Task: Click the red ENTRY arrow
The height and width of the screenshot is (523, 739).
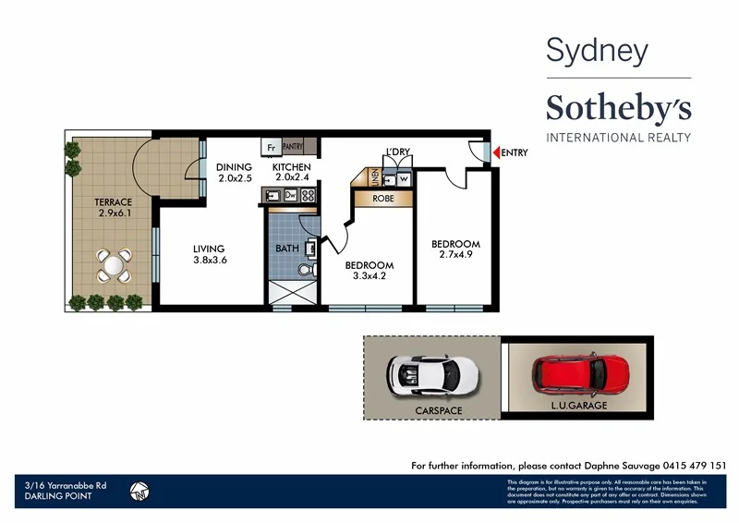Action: pyautogui.click(x=496, y=152)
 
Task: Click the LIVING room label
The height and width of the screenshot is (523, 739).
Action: pyautogui.click(x=210, y=249)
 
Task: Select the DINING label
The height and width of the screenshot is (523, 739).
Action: pyautogui.click(x=234, y=167)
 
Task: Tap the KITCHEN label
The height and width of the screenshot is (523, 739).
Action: pyautogui.click(x=291, y=167)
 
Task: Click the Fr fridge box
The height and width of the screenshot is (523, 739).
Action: pyautogui.click(x=272, y=147)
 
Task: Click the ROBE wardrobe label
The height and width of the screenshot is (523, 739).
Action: pyautogui.click(x=383, y=199)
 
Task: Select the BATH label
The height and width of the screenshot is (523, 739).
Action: pyautogui.click(x=286, y=249)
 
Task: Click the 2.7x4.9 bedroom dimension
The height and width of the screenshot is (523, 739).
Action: pyautogui.click(x=456, y=256)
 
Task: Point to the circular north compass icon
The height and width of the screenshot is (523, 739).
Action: pyautogui.click(x=140, y=491)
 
